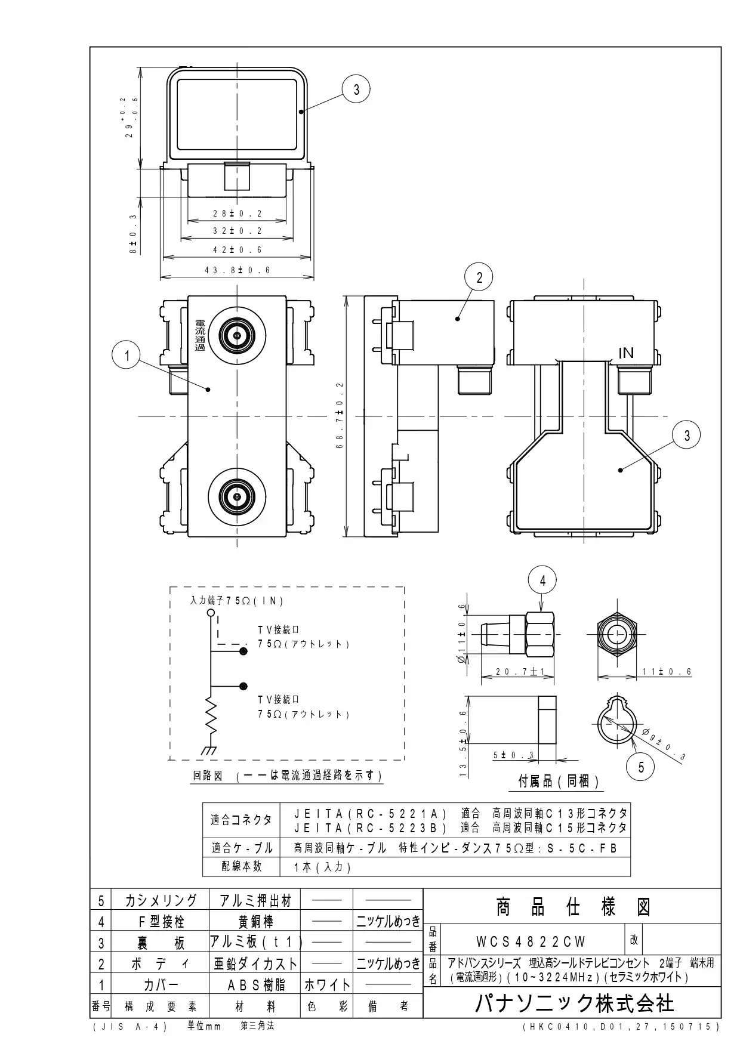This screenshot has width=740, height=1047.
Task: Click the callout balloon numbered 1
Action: (x=127, y=356)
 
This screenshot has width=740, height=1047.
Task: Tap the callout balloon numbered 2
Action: (x=479, y=277)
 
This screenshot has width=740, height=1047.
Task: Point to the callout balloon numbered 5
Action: (x=641, y=767)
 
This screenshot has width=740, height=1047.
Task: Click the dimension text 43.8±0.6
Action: (x=238, y=270)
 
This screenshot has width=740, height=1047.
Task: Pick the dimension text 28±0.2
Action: (x=238, y=214)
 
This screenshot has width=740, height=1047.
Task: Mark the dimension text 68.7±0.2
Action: (x=340, y=416)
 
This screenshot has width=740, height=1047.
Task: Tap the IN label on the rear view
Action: (x=626, y=353)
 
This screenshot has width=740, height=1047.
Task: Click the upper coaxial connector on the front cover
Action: (x=237, y=336)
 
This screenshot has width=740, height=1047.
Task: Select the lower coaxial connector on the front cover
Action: (x=237, y=496)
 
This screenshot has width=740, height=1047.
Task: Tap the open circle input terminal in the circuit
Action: (x=210, y=613)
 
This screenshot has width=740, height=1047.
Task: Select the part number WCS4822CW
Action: (x=531, y=941)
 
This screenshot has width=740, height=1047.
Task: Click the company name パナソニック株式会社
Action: (x=574, y=1003)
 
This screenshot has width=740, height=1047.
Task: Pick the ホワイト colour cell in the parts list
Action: (x=327, y=985)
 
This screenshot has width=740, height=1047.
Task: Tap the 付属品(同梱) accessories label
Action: (x=559, y=782)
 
